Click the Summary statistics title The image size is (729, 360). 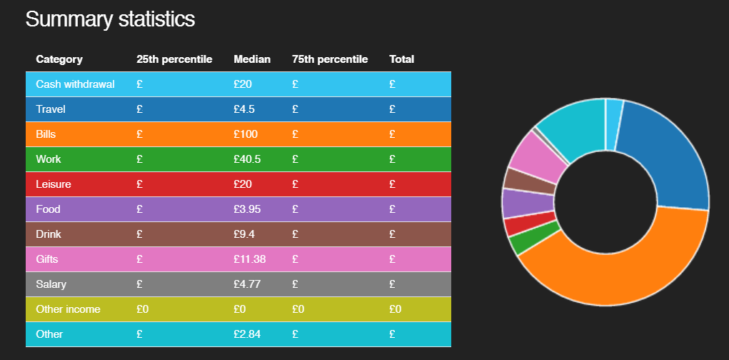click(x=110, y=19)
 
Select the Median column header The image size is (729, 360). click(x=252, y=59)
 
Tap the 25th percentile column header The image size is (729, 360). click(x=174, y=59)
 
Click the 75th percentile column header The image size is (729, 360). click(x=330, y=59)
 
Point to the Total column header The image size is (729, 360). click(x=401, y=59)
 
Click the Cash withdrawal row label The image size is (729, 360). click(x=75, y=84)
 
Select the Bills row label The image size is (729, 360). click(x=46, y=134)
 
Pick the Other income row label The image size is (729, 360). click(x=68, y=309)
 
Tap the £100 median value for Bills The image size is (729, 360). click(x=246, y=134)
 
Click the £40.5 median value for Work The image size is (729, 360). click(x=247, y=159)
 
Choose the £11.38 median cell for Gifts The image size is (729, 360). click(x=249, y=259)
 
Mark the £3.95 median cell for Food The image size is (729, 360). click(x=247, y=209)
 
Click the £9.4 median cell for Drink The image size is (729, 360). click(x=245, y=234)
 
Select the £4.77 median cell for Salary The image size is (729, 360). click(x=247, y=284)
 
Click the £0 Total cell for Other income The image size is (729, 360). click(x=395, y=309)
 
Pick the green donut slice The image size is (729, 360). click(x=528, y=241)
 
